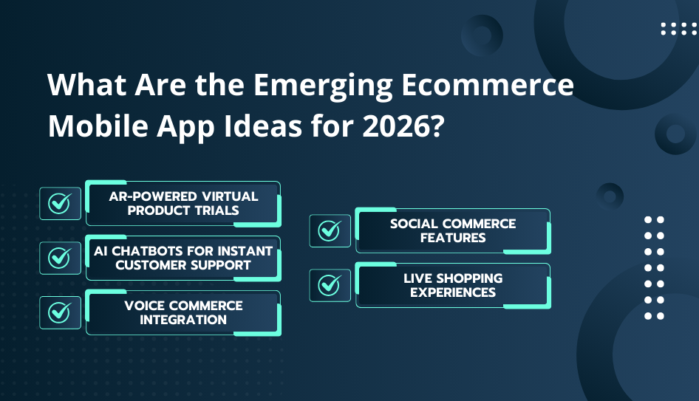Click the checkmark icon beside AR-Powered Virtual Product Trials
60,203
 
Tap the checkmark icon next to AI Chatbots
60,258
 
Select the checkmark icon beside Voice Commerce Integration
60,312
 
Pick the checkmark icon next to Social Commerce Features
330,230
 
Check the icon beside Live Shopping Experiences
330,285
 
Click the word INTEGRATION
183,320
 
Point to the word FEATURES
453,238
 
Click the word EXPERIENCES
453,292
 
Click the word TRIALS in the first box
216,210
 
